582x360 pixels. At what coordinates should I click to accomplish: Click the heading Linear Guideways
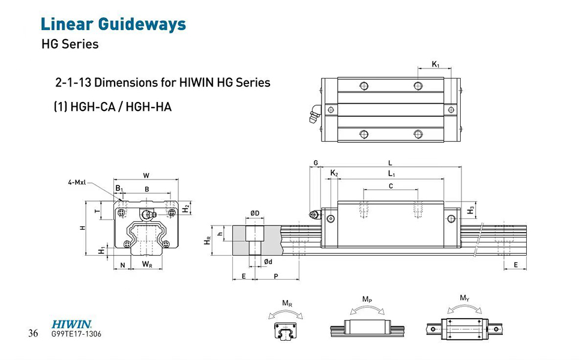pyautogui.click(x=113, y=25)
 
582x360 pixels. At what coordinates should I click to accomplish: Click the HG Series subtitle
pyautogui.click(x=70, y=44)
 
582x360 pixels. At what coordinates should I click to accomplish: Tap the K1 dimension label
pyautogui.click(x=436, y=64)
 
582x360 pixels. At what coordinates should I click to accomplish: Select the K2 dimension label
pyautogui.click(x=334, y=174)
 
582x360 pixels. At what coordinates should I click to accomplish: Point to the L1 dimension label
pyautogui.click(x=391, y=173)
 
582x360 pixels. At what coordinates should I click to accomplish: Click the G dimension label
pyautogui.click(x=316, y=163)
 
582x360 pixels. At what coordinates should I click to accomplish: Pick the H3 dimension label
pyautogui.click(x=471, y=209)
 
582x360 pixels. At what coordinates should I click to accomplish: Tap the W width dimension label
pyautogui.click(x=146, y=175)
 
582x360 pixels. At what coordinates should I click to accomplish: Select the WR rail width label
pyautogui.click(x=146, y=264)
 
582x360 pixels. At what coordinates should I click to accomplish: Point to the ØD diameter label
pyautogui.click(x=254, y=213)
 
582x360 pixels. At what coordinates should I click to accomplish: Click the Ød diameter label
pyautogui.click(x=269, y=262)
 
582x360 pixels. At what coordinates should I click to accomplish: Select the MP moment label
pyautogui.click(x=366, y=298)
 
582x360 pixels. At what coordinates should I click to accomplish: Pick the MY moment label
pyautogui.click(x=464, y=298)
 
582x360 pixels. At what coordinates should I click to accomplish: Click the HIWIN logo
pyautogui.click(x=71, y=323)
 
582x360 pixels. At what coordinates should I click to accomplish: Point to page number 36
pyautogui.click(x=33, y=334)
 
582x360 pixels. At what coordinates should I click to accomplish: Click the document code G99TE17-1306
pyautogui.click(x=77, y=334)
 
